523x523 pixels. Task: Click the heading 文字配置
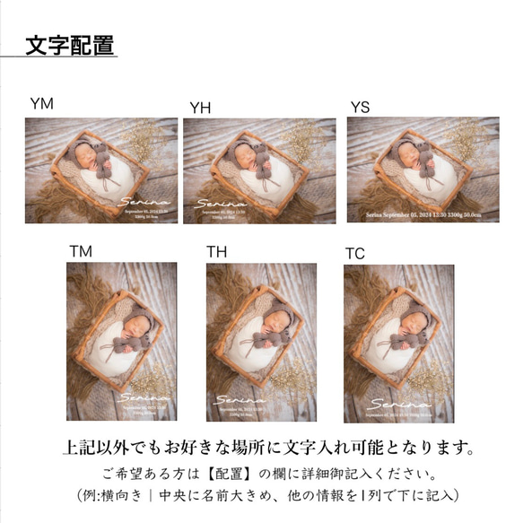click(x=68, y=44)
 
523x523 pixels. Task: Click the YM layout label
click(x=42, y=104)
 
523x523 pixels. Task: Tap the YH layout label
click(x=200, y=108)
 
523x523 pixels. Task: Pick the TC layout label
click(x=355, y=254)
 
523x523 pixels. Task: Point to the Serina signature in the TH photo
click(x=237, y=396)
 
